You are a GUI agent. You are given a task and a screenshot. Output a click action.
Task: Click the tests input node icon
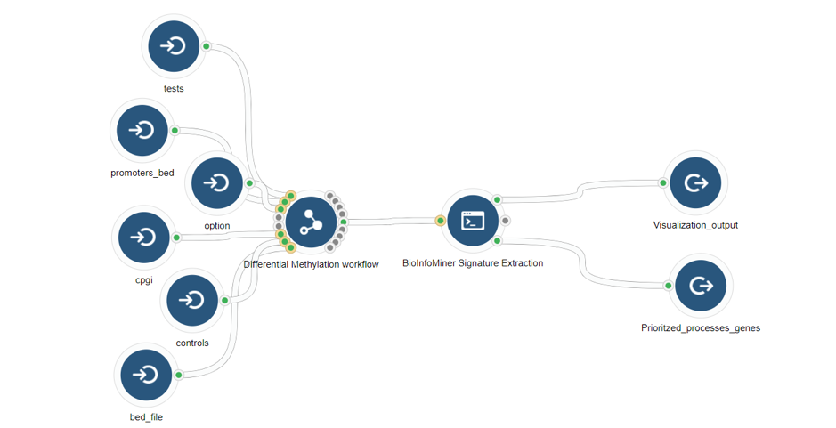click(x=174, y=46)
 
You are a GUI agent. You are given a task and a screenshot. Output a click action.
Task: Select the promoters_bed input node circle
click(x=142, y=131)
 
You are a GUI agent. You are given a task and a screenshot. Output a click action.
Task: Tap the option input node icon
click(x=217, y=183)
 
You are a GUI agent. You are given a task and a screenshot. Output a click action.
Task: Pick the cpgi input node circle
click(x=144, y=238)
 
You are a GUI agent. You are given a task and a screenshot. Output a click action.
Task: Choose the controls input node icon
click(x=192, y=301)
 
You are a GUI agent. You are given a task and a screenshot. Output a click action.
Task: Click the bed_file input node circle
click(x=147, y=376)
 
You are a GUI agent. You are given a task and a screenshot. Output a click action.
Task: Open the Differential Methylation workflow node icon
click(x=312, y=222)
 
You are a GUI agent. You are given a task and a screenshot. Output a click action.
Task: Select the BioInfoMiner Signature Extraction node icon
click(x=473, y=221)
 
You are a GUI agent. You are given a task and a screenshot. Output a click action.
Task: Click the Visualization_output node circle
click(x=696, y=182)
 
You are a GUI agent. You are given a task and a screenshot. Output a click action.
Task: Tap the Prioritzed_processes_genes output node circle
click(x=701, y=286)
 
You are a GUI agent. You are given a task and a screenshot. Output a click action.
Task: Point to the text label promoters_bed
click(x=142, y=173)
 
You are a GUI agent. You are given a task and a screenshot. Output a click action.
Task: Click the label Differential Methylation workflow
click(x=312, y=264)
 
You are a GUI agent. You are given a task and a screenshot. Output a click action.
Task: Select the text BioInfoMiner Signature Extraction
click(x=473, y=262)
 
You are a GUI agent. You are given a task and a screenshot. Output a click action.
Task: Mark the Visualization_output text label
click(x=696, y=225)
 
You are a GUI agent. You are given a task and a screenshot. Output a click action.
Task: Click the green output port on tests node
click(x=207, y=46)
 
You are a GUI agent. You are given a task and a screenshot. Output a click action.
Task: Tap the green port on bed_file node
click(x=179, y=376)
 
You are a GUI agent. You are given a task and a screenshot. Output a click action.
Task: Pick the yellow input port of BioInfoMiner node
click(x=441, y=221)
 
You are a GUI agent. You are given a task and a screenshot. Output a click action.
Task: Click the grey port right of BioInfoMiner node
click(x=506, y=221)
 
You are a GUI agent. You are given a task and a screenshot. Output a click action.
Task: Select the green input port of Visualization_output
click(x=663, y=182)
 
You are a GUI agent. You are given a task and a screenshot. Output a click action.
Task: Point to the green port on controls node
click(x=225, y=301)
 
